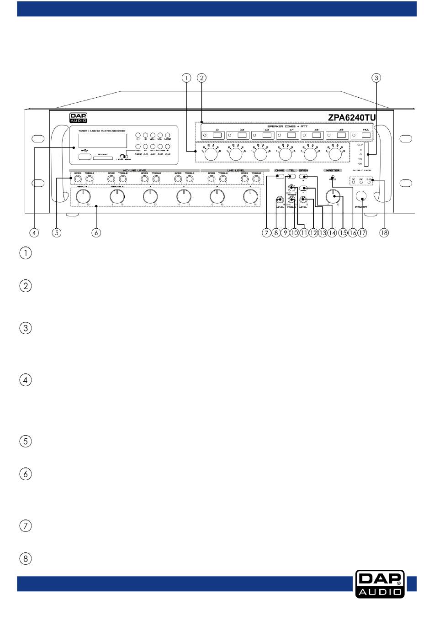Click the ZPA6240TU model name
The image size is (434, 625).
(351, 117)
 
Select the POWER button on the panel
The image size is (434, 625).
(361, 196)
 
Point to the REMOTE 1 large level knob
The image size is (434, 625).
(83, 197)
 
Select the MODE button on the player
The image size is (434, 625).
(168, 136)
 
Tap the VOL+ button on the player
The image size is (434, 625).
(153, 136)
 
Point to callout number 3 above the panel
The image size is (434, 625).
(376, 78)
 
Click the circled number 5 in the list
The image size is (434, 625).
(26, 441)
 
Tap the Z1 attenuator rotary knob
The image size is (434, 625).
(211, 155)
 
